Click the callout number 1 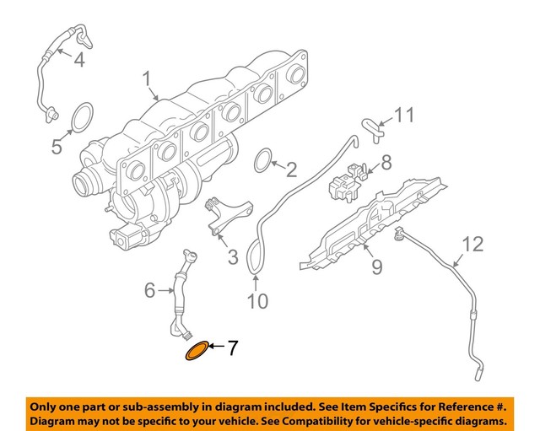pyautogui.click(x=148, y=80)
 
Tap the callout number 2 pyautogui.click(x=291, y=171)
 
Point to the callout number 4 pyautogui.click(x=79, y=59)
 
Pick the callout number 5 pyautogui.click(x=57, y=146)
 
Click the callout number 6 pyautogui.click(x=149, y=290)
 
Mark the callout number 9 pyautogui.click(x=375, y=267)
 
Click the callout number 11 pyautogui.click(x=406, y=113)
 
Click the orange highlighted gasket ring pyautogui.click(x=196, y=350)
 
